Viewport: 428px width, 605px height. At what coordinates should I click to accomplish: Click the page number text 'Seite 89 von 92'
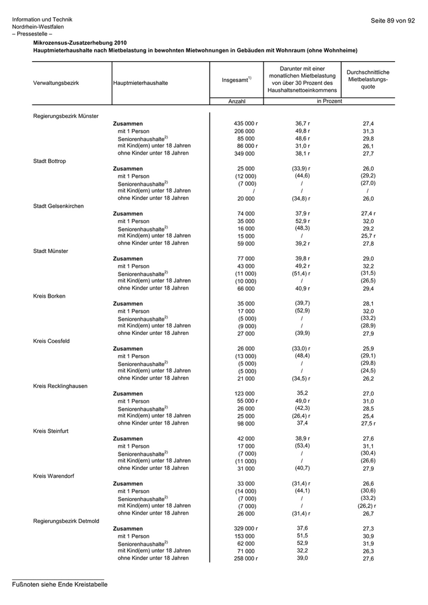393,21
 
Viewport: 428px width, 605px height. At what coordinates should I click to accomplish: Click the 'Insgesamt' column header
236,80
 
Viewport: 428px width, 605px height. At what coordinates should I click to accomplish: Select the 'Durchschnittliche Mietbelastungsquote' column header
368,79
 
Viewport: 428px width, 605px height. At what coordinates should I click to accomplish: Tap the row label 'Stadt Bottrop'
50,161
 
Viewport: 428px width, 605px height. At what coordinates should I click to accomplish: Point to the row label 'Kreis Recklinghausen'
60,386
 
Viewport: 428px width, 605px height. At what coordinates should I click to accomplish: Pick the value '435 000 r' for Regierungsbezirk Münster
246,123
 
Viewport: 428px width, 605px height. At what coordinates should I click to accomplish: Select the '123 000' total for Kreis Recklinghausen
245,394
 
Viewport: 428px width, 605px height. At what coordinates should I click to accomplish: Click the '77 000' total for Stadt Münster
245,258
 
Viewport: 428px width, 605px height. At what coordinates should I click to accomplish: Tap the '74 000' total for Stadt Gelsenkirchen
245,213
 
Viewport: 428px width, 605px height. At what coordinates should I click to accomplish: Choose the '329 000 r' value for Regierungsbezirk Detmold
246,529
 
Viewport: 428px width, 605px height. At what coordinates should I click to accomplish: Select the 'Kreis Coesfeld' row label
51,341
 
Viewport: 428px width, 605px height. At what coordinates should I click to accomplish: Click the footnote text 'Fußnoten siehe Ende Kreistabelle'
60,584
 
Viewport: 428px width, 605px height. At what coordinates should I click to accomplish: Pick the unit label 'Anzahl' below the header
237,101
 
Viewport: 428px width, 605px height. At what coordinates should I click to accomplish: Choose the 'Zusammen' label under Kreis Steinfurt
128,439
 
